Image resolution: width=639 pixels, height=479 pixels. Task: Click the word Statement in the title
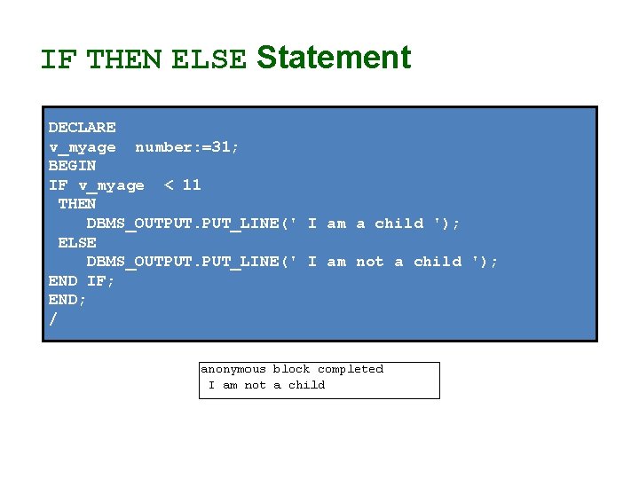click(x=334, y=58)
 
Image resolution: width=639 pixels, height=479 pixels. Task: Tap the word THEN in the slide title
click(x=125, y=59)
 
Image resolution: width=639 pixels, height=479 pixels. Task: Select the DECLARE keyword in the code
click(x=82, y=128)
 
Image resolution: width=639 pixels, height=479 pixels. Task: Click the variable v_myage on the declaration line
click(x=82, y=147)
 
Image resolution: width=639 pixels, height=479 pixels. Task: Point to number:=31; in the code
click(x=187, y=147)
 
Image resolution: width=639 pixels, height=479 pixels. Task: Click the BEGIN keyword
click(x=72, y=166)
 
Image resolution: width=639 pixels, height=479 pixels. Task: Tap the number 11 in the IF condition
click(x=192, y=185)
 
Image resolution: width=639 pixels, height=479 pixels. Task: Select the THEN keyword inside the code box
click(x=77, y=204)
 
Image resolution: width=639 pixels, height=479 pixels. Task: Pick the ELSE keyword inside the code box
click(x=77, y=242)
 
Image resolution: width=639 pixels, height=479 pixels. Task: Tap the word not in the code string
click(x=370, y=262)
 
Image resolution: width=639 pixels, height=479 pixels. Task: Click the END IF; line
click(x=82, y=281)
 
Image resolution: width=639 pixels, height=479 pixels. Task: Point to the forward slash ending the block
click(x=52, y=319)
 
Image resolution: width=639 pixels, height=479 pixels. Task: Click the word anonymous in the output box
click(x=233, y=369)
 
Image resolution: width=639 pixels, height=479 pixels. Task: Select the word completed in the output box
click(x=351, y=369)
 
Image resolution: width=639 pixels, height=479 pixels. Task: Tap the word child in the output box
click(x=307, y=385)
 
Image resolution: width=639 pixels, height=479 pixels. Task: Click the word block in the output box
click(x=291, y=369)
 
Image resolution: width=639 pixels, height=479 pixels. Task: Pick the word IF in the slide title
click(x=58, y=59)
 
